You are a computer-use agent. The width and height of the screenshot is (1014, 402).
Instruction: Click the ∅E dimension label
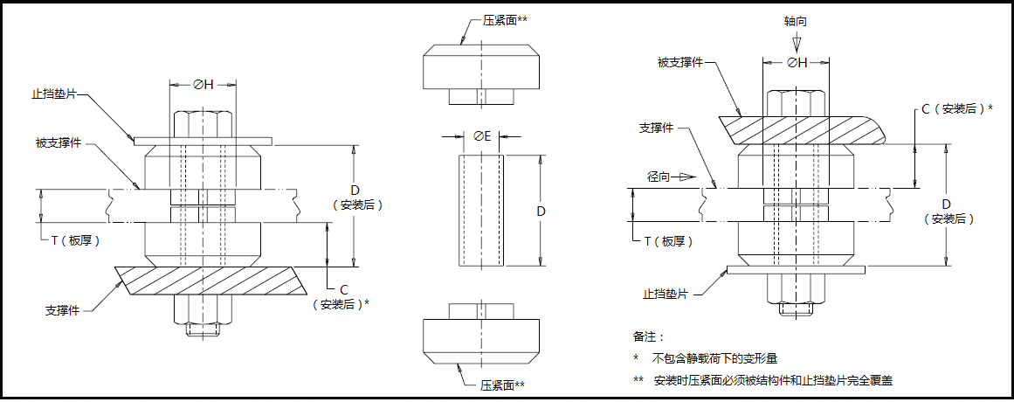tap(482, 135)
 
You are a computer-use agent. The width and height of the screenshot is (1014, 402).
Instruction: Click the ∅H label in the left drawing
tap(203, 85)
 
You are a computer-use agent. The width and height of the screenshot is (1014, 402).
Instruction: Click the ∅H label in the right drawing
tap(796, 62)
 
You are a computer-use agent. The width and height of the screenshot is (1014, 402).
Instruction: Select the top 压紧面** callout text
tap(504, 19)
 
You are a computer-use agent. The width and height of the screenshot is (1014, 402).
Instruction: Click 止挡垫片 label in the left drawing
tap(55, 94)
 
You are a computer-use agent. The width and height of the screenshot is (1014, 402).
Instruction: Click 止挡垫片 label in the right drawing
tap(666, 295)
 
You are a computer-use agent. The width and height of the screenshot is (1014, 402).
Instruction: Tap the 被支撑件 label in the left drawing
tap(59, 142)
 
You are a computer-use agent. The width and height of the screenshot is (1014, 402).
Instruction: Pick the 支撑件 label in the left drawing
tap(63, 310)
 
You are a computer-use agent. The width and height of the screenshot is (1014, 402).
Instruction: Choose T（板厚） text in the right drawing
tap(672, 240)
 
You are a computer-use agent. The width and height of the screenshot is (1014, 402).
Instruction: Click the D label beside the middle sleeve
tap(541, 211)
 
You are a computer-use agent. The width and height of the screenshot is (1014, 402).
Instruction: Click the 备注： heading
tap(648, 336)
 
